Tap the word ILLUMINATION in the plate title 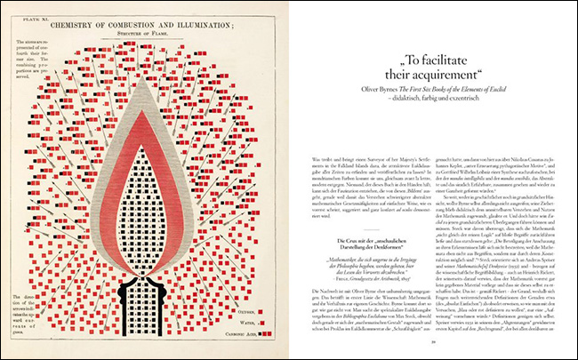[x=203, y=27]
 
